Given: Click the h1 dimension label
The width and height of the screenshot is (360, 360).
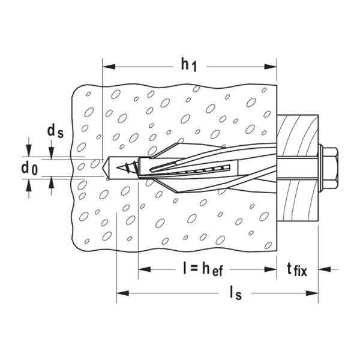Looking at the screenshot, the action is point(189,65).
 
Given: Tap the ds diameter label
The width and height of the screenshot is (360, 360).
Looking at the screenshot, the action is point(55,131).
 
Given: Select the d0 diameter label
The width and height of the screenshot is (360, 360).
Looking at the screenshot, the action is point(29,169).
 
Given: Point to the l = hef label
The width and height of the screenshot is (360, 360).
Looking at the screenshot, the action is point(203,269).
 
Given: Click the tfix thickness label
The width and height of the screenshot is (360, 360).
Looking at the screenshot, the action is point(297,269).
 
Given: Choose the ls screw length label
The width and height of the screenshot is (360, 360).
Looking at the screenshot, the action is point(236,294).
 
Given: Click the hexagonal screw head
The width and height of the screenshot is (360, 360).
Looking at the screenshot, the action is point(330,168).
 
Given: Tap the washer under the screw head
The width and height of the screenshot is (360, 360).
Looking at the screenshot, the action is point(320,168).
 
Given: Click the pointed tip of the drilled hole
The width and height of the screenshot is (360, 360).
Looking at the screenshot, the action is point(103,168).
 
